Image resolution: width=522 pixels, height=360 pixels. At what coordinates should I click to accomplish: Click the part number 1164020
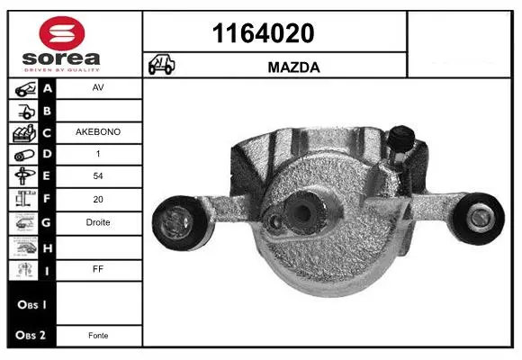pyautogui.click(x=263, y=33)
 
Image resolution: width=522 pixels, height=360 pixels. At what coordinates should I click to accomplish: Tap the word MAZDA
pyautogui.click(x=293, y=67)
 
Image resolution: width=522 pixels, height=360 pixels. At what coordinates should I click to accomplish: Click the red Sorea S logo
pyautogui.click(x=62, y=33)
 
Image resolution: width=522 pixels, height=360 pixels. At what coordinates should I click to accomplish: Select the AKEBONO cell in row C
pyautogui.click(x=98, y=132)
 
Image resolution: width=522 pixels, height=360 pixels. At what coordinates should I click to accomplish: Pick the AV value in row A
pyautogui.click(x=98, y=87)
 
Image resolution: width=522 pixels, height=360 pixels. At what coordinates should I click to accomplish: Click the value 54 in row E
pyautogui.click(x=98, y=175)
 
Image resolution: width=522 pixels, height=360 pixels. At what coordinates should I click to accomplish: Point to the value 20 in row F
pyautogui.click(x=98, y=199)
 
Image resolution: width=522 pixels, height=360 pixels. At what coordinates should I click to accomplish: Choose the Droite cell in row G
pyautogui.click(x=98, y=222)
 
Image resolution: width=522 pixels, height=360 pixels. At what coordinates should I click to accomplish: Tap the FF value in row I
pyautogui.click(x=98, y=269)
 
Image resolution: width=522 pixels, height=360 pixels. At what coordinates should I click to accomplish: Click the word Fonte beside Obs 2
pyautogui.click(x=98, y=336)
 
